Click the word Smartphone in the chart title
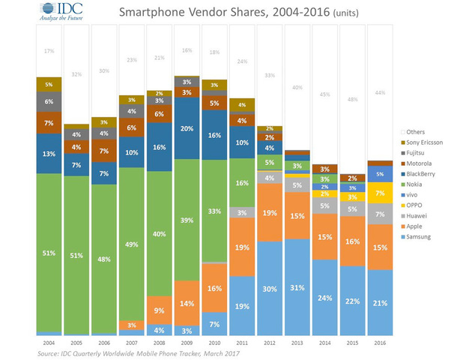(163, 12)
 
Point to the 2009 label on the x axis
(187, 340)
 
